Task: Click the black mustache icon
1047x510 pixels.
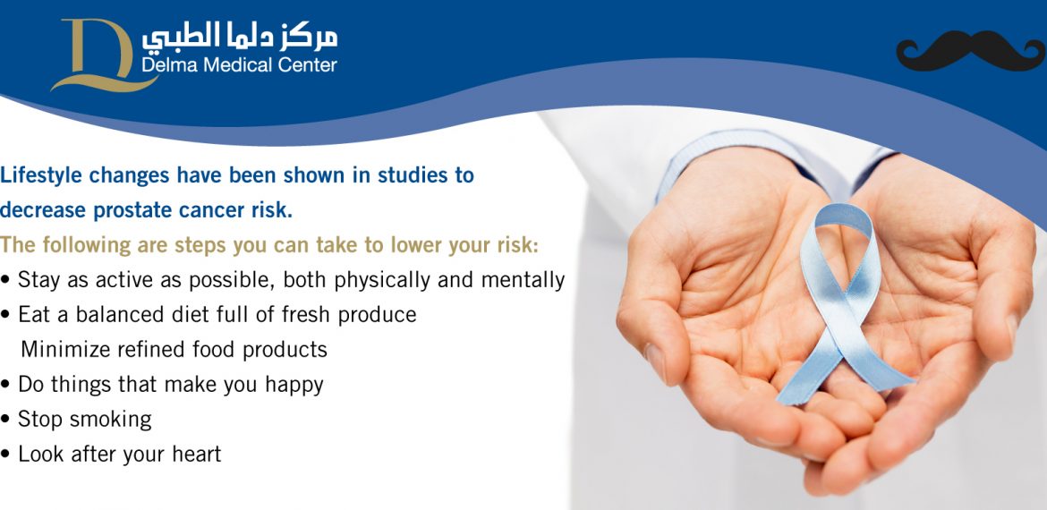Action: [970, 51]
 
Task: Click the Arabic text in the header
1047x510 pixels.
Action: [239, 38]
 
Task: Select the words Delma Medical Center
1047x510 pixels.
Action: [239, 64]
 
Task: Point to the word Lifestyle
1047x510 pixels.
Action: [41, 176]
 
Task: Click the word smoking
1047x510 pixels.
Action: [111, 421]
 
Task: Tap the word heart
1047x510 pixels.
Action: [196, 455]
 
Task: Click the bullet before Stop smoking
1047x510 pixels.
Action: [5, 421]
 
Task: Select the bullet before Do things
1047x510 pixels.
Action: [5, 386]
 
